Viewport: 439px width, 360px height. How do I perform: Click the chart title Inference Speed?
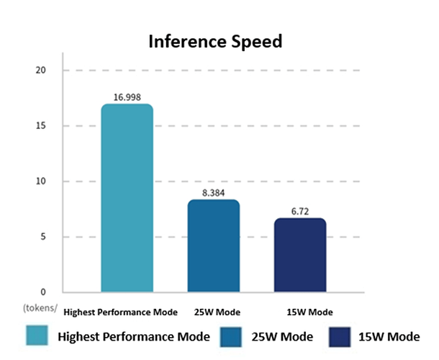click(x=215, y=41)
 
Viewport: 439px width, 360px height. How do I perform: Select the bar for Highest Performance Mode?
click(x=127, y=198)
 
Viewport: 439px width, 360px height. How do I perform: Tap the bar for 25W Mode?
click(x=213, y=245)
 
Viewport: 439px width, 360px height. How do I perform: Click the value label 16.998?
click(x=127, y=96)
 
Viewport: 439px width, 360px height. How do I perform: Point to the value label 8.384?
click(x=213, y=192)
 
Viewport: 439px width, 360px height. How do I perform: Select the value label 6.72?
click(x=299, y=210)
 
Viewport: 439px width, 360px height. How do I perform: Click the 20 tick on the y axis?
click(x=40, y=70)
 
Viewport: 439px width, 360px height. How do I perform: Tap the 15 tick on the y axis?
click(x=40, y=125)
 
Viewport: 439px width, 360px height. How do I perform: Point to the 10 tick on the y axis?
click(x=40, y=181)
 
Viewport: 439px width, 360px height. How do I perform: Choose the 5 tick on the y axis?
click(x=42, y=236)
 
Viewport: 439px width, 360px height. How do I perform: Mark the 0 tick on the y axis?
click(x=42, y=292)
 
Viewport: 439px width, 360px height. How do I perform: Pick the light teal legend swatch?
click(x=37, y=336)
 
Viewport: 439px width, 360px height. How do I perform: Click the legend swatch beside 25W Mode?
click(x=232, y=336)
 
